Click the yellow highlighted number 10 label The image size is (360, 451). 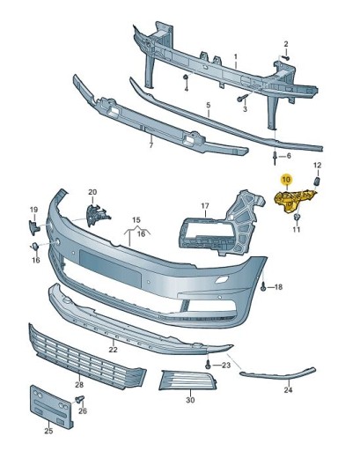click(x=286, y=179)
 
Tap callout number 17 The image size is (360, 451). click(x=204, y=208)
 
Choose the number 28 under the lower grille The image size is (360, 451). click(x=78, y=384)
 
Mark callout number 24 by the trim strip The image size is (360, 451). click(x=288, y=389)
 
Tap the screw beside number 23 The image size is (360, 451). click(x=208, y=364)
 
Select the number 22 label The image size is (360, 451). click(x=113, y=350)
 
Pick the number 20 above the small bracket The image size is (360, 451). click(x=92, y=192)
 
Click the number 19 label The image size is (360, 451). click(x=34, y=209)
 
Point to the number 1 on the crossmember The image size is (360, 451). click(x=236, y=56)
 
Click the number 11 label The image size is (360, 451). click(x=297, y=230)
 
